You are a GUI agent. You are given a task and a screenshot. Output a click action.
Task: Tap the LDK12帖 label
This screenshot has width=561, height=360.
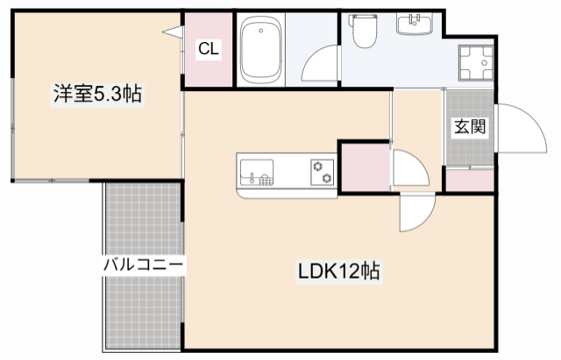point(337,272)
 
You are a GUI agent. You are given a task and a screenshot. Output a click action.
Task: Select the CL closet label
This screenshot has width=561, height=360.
point(208,49)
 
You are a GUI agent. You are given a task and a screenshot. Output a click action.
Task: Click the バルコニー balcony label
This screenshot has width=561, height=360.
point(142,263)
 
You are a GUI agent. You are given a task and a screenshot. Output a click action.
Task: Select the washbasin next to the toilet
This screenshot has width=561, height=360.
point(415,25)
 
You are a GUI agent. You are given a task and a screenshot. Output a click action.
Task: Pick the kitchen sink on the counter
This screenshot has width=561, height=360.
point(256,171)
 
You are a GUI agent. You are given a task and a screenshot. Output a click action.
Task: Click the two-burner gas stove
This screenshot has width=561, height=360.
point(322,171)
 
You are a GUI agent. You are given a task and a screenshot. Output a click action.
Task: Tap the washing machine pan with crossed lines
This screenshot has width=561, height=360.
point(477,62)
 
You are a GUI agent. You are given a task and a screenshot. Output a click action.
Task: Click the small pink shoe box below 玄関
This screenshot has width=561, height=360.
point(469,180)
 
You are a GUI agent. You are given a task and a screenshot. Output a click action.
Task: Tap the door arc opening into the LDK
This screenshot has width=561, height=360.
point(415,213)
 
